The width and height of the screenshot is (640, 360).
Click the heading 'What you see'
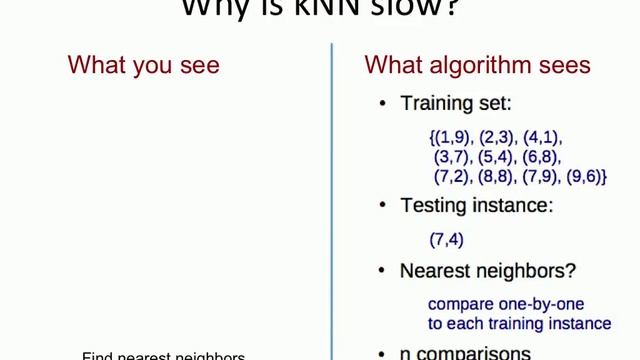click(143, 66)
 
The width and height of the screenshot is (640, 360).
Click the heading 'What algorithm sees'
click(477, 66)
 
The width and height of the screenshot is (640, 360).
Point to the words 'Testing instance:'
click(476, 206)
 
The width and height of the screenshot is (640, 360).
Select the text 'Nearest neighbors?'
click(487, 271)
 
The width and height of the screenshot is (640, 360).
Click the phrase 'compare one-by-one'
click(506, 304)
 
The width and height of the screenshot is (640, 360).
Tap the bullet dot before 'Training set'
click(383, 104)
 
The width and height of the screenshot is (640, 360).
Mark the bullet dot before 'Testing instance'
click(383, 207)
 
